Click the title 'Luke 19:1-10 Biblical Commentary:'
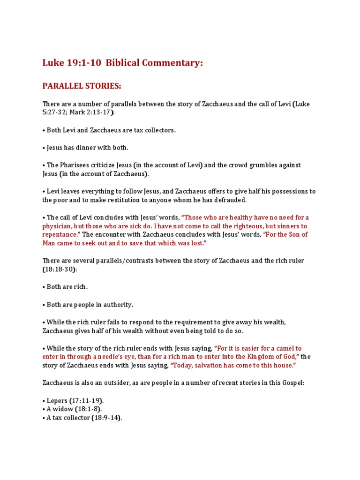click(123, 63)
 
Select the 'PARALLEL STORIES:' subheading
click(82, 86)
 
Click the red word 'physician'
click(59, 226)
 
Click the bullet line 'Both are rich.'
click(67, 287)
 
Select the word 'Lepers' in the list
click(58, 401)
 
